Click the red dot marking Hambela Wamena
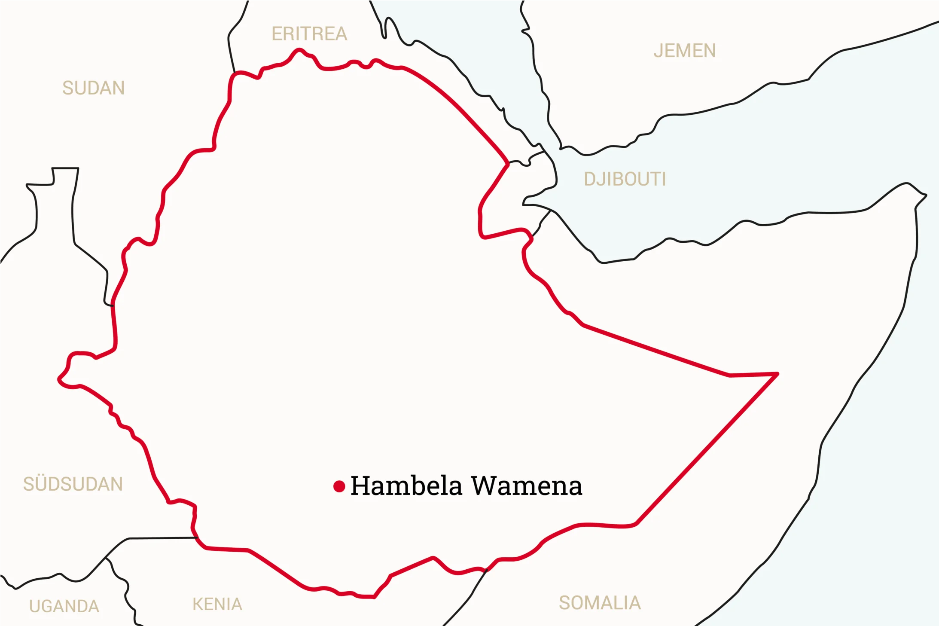click(339, 486)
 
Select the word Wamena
click(527, 486)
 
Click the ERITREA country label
click(309, 34)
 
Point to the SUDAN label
click(94, 88)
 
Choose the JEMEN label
click(685, 51)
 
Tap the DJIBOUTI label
click(625, 179)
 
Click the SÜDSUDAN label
click(73, 484)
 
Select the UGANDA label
click(64, 606)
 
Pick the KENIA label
click(217, 605)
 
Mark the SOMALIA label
click(600, 603)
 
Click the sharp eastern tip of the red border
click(777, 374)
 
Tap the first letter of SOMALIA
click(564, 603)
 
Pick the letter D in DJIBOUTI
click(589, 179)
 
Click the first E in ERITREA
click(277, 34)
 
